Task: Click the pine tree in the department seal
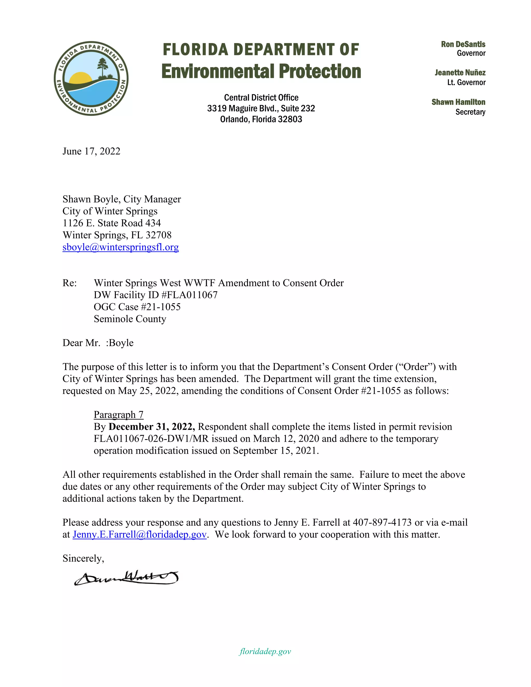pos(102,67)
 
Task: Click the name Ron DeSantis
pos(463,44)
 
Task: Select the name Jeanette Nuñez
pos(460,73)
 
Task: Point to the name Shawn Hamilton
pos(458,102)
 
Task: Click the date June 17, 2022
pos(91,151)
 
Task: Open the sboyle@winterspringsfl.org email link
pos(121,247)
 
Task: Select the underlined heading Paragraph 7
pos(118,415)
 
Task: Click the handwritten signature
pos(126,578)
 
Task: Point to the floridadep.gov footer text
pos(265,651)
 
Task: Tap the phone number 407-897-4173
pos(382,522)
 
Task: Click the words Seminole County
pos(130,319)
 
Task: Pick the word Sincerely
pos(83,558)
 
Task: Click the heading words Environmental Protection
pos(261,71)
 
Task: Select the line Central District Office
pos(261,97)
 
